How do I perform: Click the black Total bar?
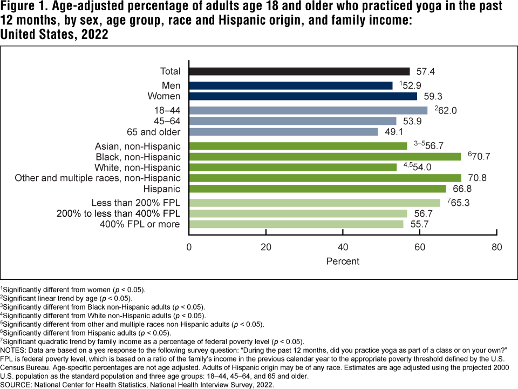(299, 71)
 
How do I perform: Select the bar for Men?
(290, 85)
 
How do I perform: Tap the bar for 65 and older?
(283, 132)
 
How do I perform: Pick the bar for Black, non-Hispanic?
(325, 157)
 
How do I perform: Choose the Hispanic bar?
(317, 189)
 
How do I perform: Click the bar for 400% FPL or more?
(296, 224)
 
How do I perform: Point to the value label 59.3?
(431, 96)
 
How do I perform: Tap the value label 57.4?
(424, 71)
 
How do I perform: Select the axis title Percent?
(343, 261)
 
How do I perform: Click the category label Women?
(164, 96)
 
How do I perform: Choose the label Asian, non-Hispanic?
(138, 146)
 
